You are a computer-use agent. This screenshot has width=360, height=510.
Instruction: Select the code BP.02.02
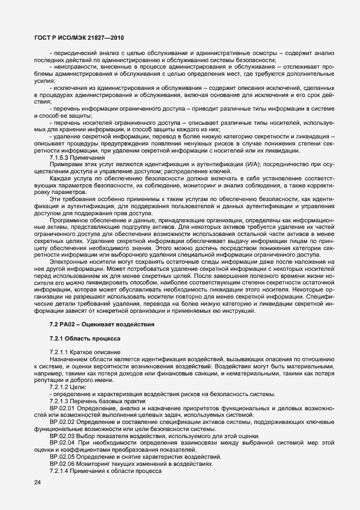pyautogui.click(x=62, y=422)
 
